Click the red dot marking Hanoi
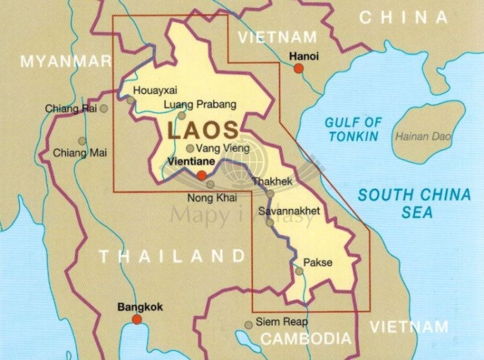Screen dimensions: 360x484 [298, 68]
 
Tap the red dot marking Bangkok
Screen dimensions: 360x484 [137, 319]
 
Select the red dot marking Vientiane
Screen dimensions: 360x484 [201, 175]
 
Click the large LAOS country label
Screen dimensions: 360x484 [203, 130]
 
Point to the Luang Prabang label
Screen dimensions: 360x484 [200, 104]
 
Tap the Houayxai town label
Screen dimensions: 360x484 [154, 90]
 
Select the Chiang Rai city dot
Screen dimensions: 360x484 [104, 108]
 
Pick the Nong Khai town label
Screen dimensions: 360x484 [211, 197]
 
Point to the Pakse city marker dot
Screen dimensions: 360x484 [299, 271]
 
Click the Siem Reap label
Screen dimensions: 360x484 [282, 321]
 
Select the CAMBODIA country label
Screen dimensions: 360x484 [306, 339]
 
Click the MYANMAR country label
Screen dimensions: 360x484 [66, 61]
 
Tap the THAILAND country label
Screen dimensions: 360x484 [172, 256]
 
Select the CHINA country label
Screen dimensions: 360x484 [403, 17]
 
